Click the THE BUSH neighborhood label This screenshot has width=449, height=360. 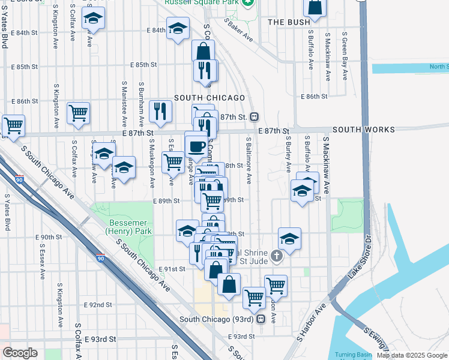tap(283, 22)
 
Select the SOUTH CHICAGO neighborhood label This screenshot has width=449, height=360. tap(209, 98)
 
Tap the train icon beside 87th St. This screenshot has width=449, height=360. tap(255, 116)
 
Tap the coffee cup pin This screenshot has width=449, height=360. tap(196, 145)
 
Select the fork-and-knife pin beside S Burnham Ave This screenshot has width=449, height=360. tap(160, 110)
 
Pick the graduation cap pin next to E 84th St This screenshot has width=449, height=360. tap(178, 29)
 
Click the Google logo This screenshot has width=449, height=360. tap(20, 353)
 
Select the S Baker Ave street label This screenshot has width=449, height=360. tap(239, 29)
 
